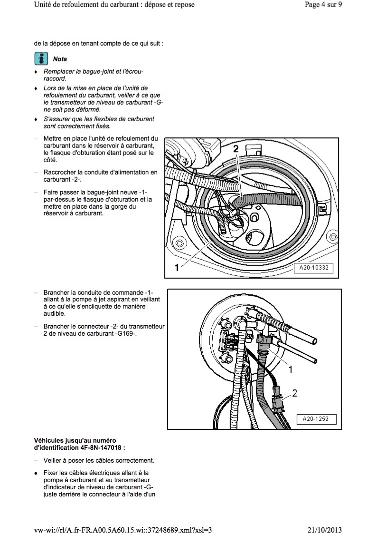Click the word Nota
pyautogui.click(x=60, y=59)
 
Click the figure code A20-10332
pyautogui.click(x=313, y=268)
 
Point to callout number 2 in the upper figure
pyautogui.click(x=236, y=149)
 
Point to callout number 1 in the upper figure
pyautogui.click(x=177, y=268)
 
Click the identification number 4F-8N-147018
pyautogui.click(x=106, y=448)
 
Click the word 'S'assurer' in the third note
pyautogui.click(x=57, y=119)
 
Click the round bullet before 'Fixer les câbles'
pyautogui.click(x=36, y=473)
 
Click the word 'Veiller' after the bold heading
pyautogui.click(x=53, y=461)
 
